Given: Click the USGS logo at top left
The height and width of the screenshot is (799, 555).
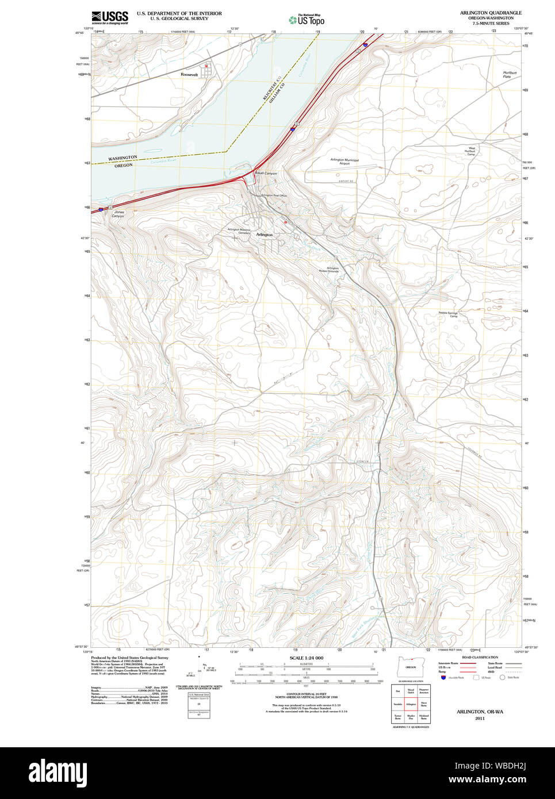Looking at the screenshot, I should [109, 17].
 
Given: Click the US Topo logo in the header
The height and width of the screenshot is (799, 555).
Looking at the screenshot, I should [307, 20].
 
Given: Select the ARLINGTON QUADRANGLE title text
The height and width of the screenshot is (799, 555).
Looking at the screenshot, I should [491, 13].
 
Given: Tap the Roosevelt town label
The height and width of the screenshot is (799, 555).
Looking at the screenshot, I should [189, 75].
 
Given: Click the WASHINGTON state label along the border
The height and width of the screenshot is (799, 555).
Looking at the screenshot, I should [123, 158].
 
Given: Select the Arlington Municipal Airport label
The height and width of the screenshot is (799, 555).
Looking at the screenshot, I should [345, 162].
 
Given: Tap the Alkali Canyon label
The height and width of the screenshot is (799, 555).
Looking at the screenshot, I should [266, 173].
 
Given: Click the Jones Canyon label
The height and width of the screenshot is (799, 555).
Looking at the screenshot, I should [118, 214].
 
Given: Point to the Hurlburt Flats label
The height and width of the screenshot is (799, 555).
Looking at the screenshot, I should [510, 75].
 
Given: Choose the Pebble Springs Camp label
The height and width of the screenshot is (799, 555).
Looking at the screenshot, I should [448, 314].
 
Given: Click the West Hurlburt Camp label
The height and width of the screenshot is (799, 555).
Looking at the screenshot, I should [471, 151].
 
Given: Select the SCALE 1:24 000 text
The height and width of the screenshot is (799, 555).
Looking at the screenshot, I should [306, 658].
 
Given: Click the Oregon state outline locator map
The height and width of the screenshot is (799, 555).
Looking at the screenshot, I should [411, 667].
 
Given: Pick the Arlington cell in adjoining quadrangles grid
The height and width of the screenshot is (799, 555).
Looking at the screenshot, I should [411, 704].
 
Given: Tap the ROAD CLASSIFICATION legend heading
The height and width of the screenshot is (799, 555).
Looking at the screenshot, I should [480, 657].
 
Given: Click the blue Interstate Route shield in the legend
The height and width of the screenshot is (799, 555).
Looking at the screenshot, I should [443, 678].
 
